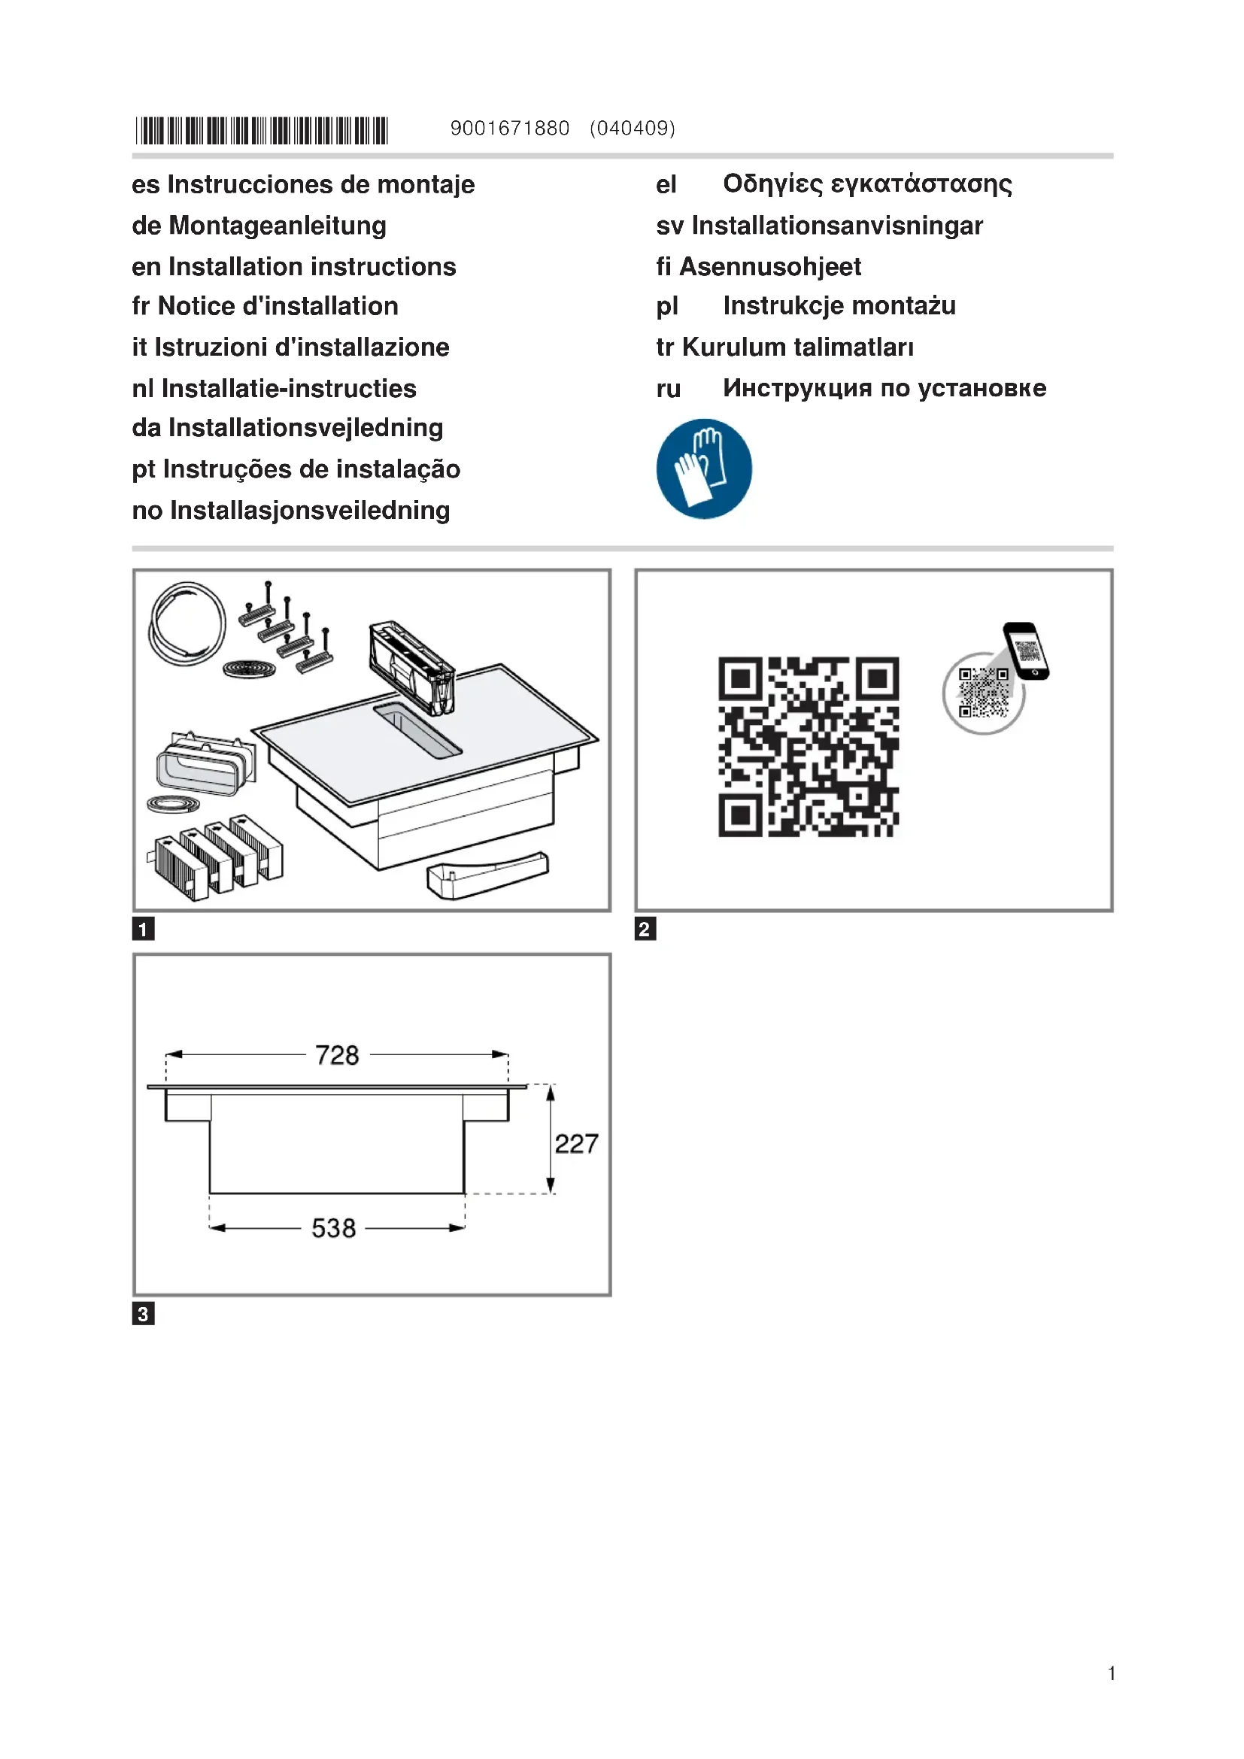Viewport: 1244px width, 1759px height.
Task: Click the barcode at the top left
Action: click(262, 131)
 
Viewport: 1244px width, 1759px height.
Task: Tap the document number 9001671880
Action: click(509, 128)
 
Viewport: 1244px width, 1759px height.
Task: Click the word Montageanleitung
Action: click(278, 226)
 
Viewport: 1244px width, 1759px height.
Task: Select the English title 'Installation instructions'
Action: click(312, 267)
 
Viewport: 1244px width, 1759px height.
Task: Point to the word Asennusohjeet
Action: click(770, 267)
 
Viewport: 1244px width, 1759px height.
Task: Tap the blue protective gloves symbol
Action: click(704, 468)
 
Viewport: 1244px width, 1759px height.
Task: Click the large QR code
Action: click(808, 746)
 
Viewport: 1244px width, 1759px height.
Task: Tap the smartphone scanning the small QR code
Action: click(1026, 651)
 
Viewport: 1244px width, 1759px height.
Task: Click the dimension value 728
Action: click(337, 1055)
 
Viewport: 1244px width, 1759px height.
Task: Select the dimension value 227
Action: click(576, 1144)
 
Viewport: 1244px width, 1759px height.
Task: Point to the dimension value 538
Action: click(333, 1228)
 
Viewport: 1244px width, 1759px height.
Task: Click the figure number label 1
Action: click(143, 930)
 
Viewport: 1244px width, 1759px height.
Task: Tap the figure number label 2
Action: click(645, 930)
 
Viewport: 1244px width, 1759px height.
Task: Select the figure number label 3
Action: click(143, 1314)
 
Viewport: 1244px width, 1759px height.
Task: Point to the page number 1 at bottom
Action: click(1111, 1673)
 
